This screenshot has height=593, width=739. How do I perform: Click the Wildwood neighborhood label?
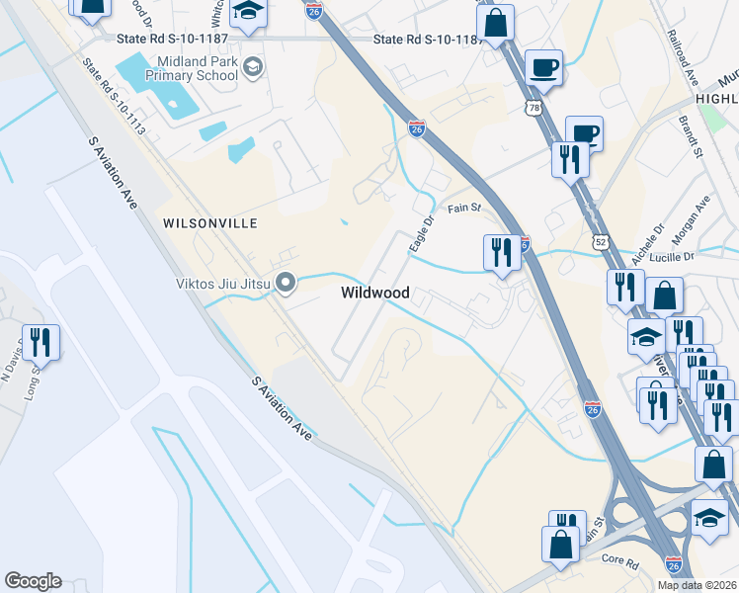[374, 293]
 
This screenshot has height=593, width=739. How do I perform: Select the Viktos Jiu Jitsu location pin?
[287, 284]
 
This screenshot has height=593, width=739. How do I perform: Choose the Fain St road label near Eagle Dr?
[463, 209]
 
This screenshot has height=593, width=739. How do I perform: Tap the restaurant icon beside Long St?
[41, 342]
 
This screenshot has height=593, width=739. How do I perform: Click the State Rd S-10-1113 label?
[114, 97]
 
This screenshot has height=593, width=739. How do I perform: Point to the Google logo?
[33, 580]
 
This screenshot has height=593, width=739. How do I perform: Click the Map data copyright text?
[697, 585]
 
